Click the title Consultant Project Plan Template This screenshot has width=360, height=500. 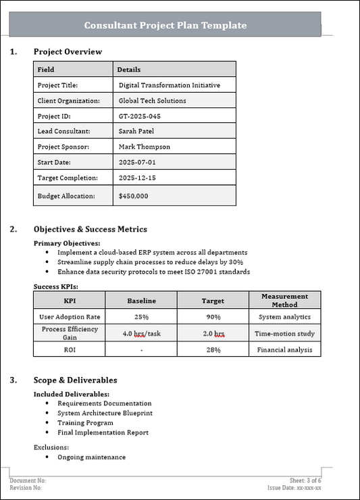pyautogui.click(x=165, y=26)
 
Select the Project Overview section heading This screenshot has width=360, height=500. pyautogui.click(x=68, y=52)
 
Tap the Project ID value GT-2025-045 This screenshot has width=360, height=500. pyautogui.click(x=140, y=116)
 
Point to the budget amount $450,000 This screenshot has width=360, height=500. pyautogui.click(x=133, y=196)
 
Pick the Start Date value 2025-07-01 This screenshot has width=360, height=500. pyautogui.click(x=137, y=162)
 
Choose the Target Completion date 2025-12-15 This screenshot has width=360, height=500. pyautogui.click(x=138, y=178)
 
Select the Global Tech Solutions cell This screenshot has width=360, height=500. pyautogui.click(x=152, y=101)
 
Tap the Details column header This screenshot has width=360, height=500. pyautogui.click(x=129, y=70)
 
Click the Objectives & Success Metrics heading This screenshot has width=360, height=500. pyautogui.click(x=90, y=230)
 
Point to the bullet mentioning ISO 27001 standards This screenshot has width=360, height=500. pyautogui.click(x=153, y=272)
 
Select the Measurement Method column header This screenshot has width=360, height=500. pyautogui.click(x=284, y=300)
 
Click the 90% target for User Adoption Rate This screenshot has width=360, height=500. pyautogui.click(x=213, y=316)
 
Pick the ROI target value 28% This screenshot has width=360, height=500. pyautogui.click(x=213, y=349)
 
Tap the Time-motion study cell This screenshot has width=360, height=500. pyautogui.click(x=284, y=333)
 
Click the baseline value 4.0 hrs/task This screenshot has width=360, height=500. pyautogui.click(x=142, y=333)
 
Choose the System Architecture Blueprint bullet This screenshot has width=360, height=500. pyautogui.click(x=105, y=413)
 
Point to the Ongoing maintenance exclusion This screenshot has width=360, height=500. pyautogui.click(x=91, y=457)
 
